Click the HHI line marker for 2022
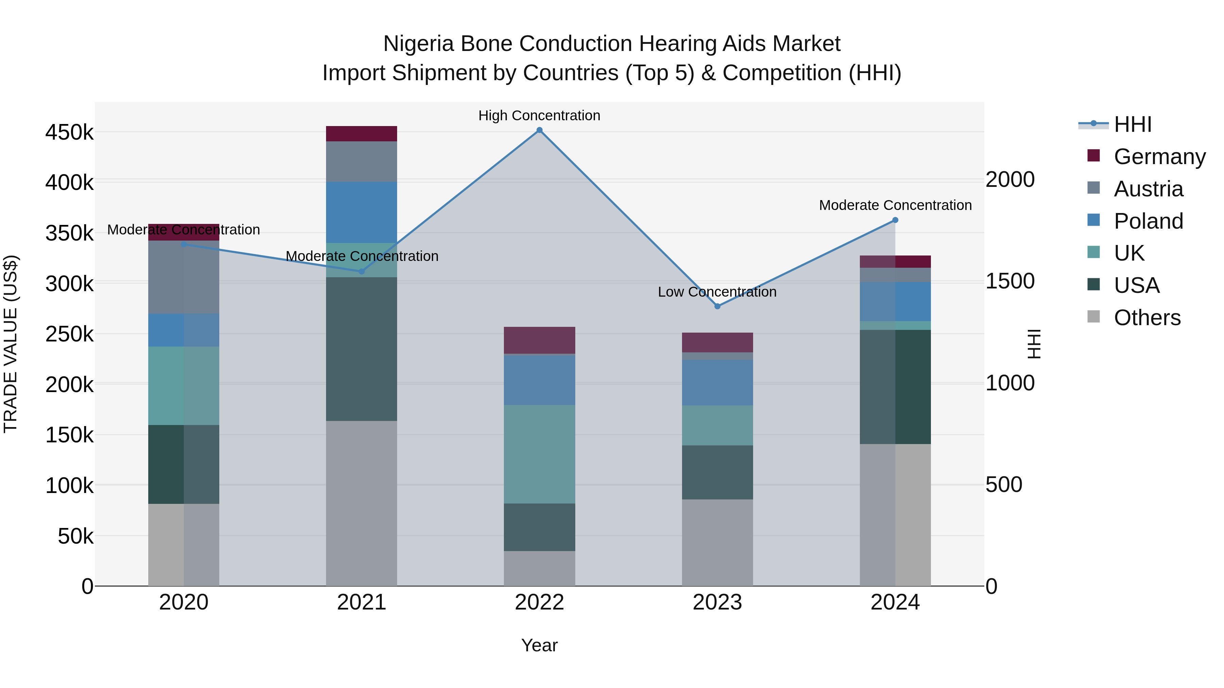tap(539, 130)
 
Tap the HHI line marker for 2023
tap(717, 306)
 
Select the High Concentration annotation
tap(539, 116)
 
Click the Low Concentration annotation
tap(717, 292)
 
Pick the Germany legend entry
tap(1159, 156)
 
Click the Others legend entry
tap(1147, 317)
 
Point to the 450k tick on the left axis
tap(69, 133)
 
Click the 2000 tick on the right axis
tap(1010, 179)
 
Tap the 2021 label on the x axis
tap(362, 602)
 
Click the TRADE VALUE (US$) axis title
tap(11, 344)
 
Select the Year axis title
tap(539, 645)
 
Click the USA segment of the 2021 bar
tap(362, 349)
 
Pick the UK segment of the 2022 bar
tap(539, 454)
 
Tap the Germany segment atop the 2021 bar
tap(362, 134)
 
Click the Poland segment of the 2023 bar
tap(717, 382)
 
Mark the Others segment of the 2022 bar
tap(539, 568)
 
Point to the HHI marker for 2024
tap(895, 220)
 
